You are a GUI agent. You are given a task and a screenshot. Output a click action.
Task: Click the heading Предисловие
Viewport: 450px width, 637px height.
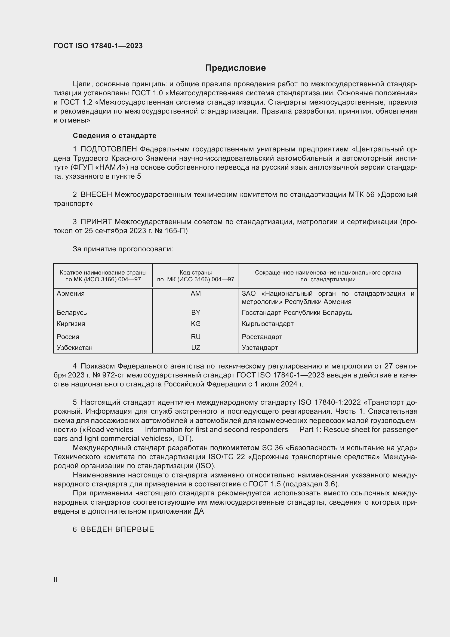[x=235, y=68]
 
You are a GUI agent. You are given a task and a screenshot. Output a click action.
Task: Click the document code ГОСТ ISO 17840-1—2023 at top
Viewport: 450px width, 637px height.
[x=98, y=46]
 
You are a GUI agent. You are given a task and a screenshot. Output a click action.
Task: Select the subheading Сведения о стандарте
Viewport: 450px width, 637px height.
[x=115, y=136]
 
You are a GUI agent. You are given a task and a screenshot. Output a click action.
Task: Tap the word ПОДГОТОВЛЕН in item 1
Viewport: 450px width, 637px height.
[x=109, y=149]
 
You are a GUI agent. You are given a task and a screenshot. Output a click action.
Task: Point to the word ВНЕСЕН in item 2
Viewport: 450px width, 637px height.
[x=96, y=194]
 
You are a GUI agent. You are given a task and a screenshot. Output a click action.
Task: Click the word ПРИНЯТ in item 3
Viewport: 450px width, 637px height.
[x=96, y=222]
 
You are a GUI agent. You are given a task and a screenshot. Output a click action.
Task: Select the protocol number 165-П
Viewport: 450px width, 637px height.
[x=177, y=231]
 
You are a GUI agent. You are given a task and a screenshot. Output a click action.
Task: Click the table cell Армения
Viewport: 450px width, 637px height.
[x=71, y=294]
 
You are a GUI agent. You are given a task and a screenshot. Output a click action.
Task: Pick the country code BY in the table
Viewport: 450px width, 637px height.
[x=196, y=313]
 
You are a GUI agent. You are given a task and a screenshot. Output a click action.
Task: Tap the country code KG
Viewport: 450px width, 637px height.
[x=196, y=324]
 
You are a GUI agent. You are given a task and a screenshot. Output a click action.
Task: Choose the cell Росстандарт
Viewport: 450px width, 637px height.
[x=262, y=337]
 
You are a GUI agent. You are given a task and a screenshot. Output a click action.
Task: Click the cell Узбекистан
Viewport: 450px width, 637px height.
[x=75, y=348]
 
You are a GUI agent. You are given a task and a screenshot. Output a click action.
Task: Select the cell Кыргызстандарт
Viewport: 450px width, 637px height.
[x=268, y=324]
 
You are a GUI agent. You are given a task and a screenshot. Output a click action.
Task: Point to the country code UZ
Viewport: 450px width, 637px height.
[x=196, y=348]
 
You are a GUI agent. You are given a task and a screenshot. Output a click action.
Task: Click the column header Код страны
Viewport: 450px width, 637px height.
[x=196, y=273]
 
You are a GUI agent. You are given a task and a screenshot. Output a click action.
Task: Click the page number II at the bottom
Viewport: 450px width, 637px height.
[x=56, y=579]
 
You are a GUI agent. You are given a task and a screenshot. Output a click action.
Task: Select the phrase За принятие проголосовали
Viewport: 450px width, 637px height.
[x=123, y=249]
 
